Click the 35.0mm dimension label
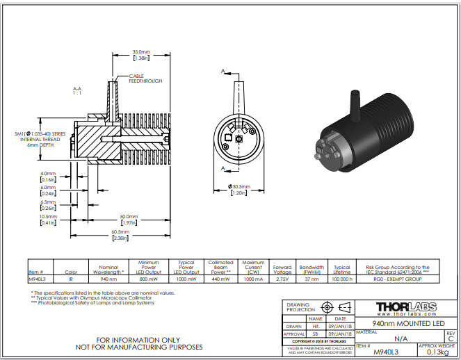click(x=142, y=51)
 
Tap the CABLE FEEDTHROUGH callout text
click(x=145, y=79)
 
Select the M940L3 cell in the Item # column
click(x=37, y=279)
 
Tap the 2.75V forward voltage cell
click(x=282, y=279)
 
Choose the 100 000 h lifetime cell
click(x=341, y=279)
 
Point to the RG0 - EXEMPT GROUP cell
click(x=393, y=279)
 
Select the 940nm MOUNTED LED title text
click(x=405, y=324)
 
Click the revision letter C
click(x=451, y=338)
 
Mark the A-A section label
click(x=78, y=90)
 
